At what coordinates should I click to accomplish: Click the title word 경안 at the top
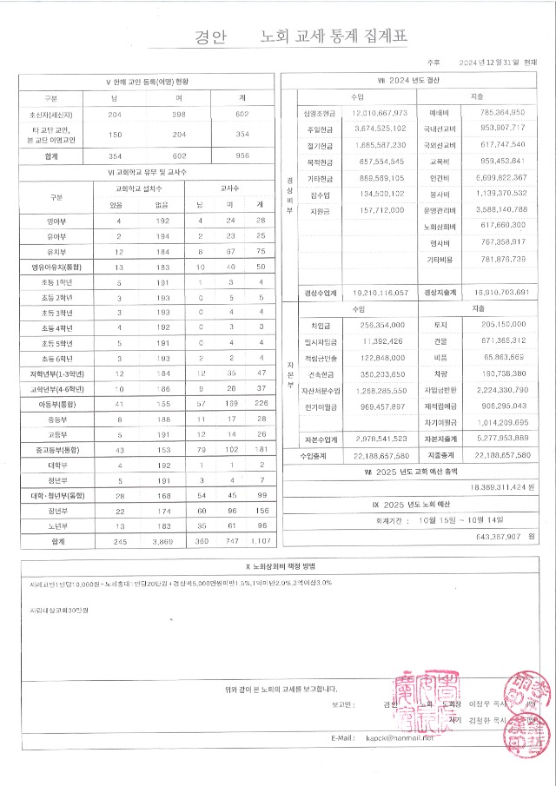(x=212, y=37)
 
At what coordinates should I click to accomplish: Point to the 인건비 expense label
(x=439, y=175)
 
